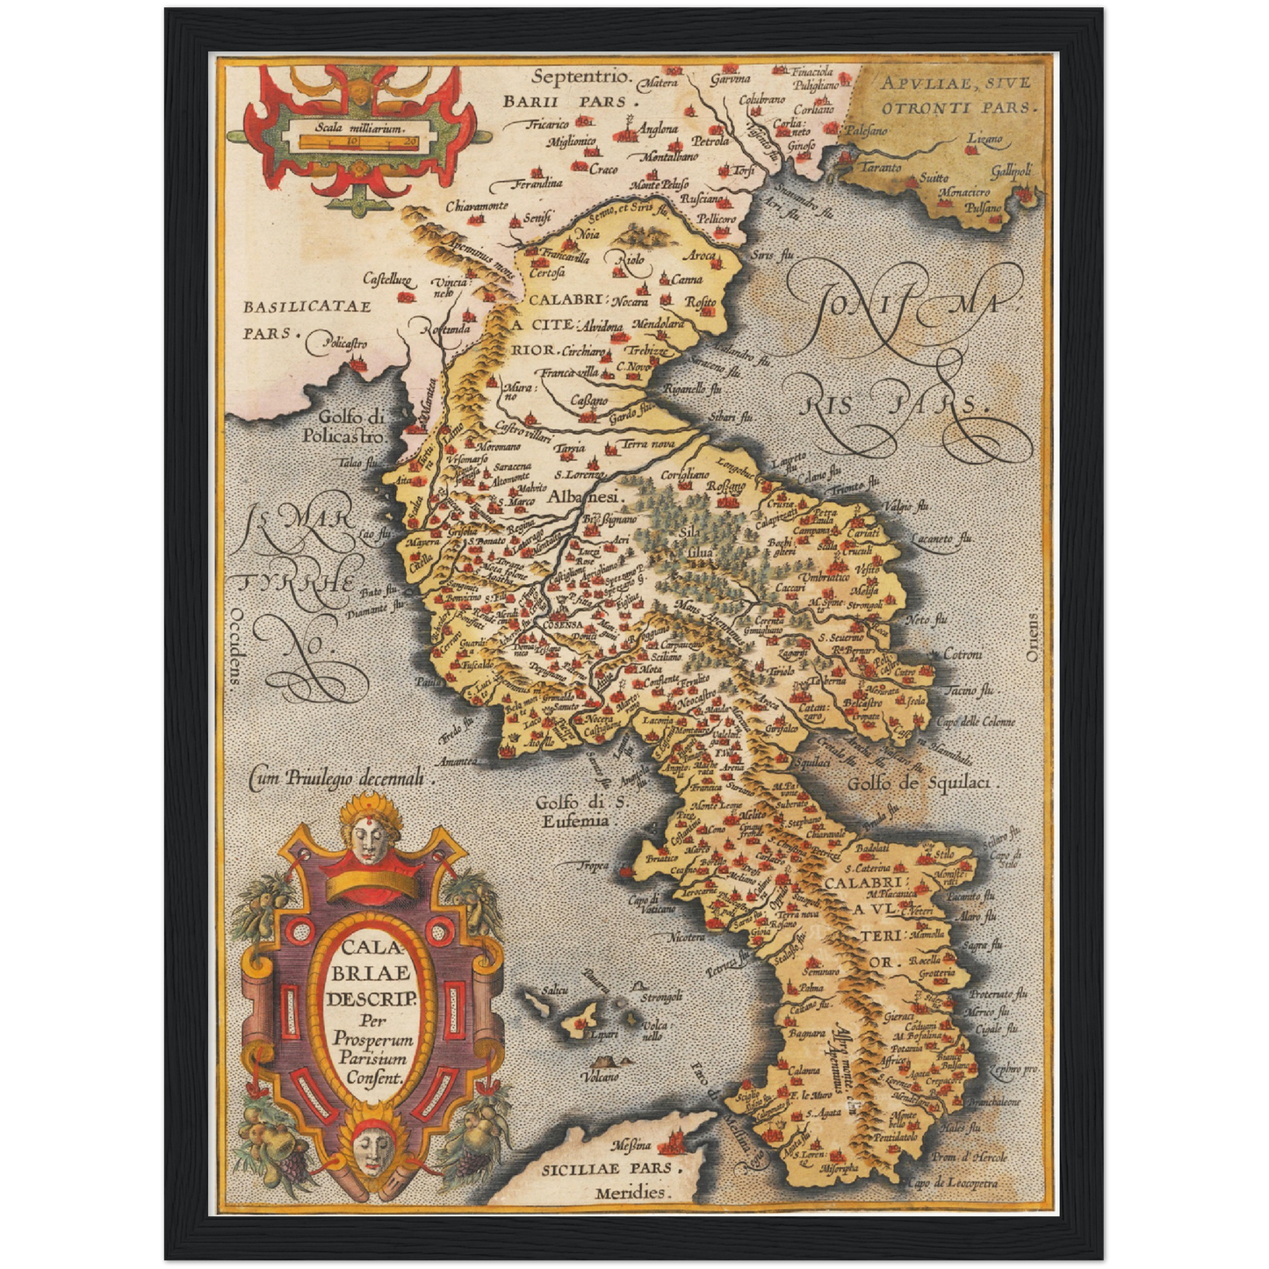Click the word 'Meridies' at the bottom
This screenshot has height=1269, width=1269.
[x=631, y=1193]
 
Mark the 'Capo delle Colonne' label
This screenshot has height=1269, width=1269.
[x=974, y=722]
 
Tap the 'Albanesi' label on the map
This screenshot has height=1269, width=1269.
[x=585, y=497]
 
